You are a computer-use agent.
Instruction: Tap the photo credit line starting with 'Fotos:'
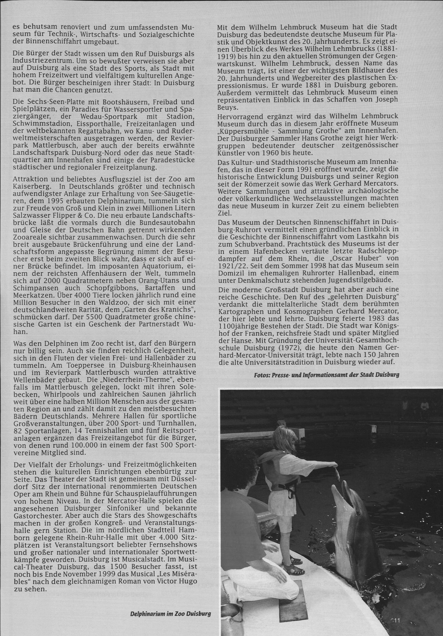pyautogui.click(x=326, y=375)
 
